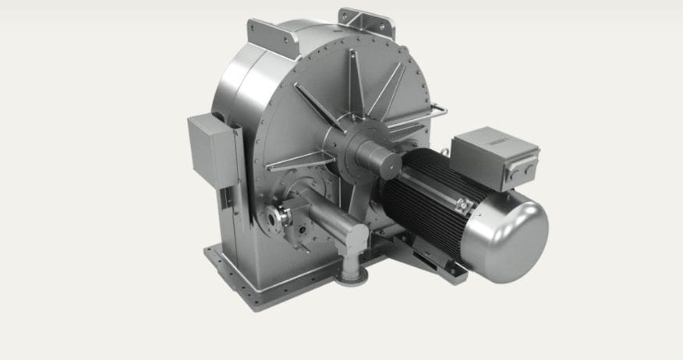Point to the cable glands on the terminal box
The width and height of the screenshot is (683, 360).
coord(530,168)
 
